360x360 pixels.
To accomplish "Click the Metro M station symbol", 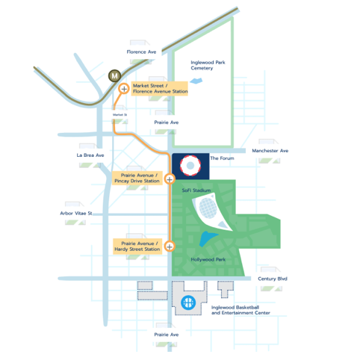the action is [x=114, y=75].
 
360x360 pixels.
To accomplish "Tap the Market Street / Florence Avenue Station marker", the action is [x=124, y=89].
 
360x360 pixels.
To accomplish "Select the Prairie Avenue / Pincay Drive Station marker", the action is [x=170, y=179].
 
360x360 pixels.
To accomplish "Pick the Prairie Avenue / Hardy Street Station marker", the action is [x=170, y=246].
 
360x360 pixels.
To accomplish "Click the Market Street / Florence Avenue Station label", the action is [x=160, y=89].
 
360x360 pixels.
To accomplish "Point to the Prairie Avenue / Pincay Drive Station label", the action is [x=137, y=179].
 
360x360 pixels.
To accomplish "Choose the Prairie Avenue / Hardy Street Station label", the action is [x=137, y=246].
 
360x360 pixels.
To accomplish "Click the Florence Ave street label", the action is [x=141, y=52].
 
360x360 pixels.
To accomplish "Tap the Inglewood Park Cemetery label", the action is [x=208, y=65].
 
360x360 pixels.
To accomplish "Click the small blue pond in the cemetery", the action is [x=196, y=81].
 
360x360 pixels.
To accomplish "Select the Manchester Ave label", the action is [x=270, y=151].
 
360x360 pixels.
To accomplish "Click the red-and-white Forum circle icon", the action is [x=190, y=166].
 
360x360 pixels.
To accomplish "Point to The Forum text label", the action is [x=222, y=158].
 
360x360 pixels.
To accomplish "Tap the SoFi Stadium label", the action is [x=196, y=190].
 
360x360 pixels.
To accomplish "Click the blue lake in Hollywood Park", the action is [x=208, y=238].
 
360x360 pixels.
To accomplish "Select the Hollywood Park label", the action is [x=208, y=259].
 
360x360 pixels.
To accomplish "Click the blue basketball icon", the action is [x=188, y=302].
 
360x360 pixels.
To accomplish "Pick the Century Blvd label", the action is [x=273, y=279].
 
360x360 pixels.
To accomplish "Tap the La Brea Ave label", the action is [x=90, y=155].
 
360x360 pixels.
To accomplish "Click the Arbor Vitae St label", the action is [x=76, y=214].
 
